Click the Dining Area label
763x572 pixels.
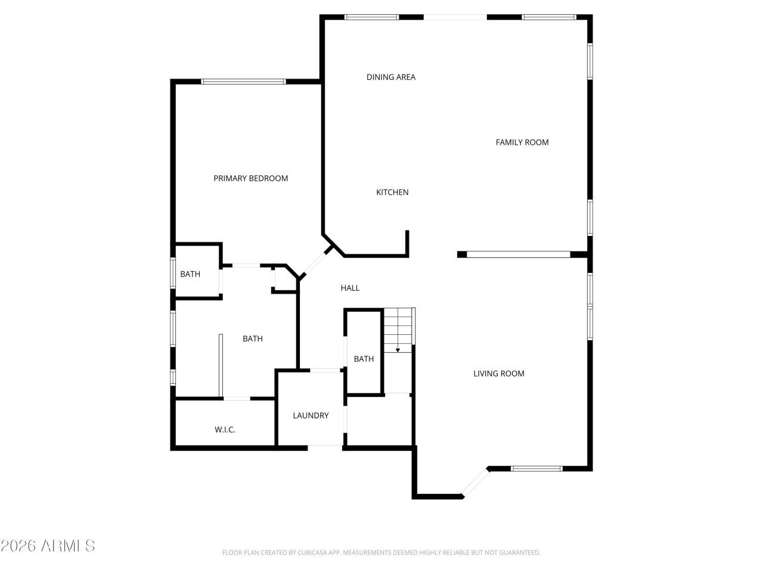[391, 77]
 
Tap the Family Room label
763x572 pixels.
[522, 142]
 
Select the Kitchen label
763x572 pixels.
[392, 192]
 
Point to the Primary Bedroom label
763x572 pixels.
[250, 178]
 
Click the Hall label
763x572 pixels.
[350, 288]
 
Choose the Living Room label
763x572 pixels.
[499, 374]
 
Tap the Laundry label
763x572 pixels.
[311, 415]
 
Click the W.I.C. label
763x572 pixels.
[225, 429]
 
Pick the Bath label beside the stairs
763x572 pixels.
[364, 359]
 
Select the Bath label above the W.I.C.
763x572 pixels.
[252, 338]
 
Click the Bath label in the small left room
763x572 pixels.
[190, 274]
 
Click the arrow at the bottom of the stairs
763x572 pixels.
[398, 350]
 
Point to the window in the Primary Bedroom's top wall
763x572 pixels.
[243, 81]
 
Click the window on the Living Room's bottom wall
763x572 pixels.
[536, 468]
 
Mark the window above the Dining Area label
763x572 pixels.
[371, 17]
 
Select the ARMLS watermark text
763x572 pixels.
[48, 545]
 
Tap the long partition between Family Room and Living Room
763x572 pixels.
[519, 254]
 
